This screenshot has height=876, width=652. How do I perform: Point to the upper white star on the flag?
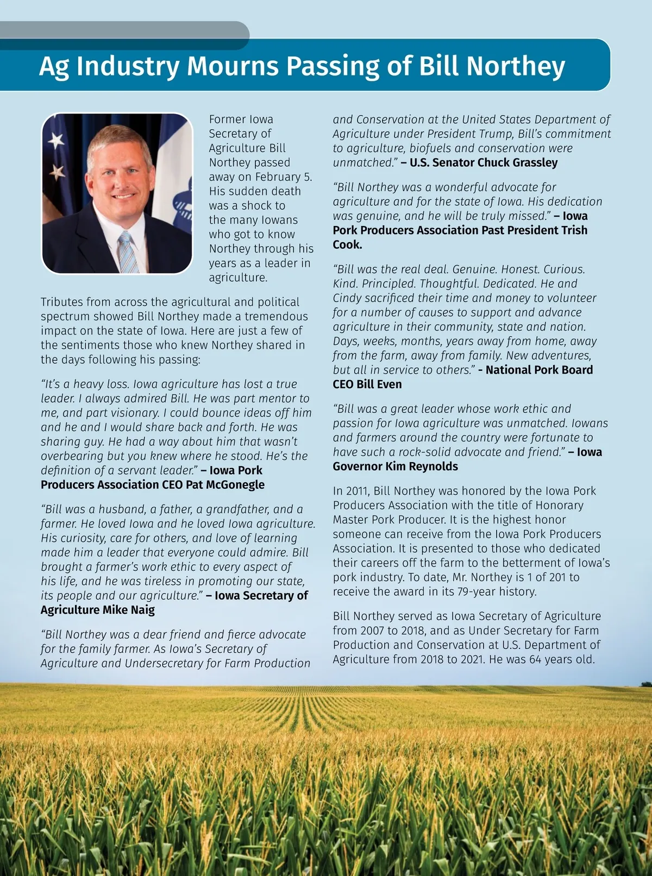57,140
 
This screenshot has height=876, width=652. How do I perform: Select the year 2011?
357,491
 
